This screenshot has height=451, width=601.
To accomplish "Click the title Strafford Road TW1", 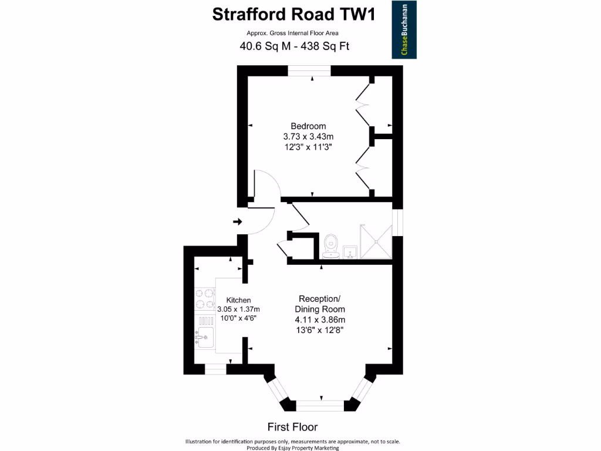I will coord(293,14).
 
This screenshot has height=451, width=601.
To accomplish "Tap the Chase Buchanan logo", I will coord(404,31).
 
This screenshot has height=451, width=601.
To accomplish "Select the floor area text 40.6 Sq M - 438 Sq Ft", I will coord(294,46).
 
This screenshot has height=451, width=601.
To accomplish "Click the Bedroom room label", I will coord(308,126).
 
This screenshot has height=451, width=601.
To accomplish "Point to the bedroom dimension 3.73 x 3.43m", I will coord(308,137).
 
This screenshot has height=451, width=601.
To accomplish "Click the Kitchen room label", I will coord(238,300).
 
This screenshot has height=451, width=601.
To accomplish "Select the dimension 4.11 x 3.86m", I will coord(320,319).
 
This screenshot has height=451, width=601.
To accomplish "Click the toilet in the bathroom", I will coord(331,245).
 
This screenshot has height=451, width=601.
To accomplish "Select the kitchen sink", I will coord(205,336).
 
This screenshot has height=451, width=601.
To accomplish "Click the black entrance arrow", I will coord(238,221).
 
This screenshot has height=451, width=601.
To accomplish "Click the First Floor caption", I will coord(292,427).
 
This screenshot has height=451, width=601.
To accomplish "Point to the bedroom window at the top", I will coord(309,70).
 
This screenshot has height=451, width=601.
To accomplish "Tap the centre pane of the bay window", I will coord(320,405).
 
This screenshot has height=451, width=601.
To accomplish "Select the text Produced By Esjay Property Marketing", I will coord(292,447).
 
